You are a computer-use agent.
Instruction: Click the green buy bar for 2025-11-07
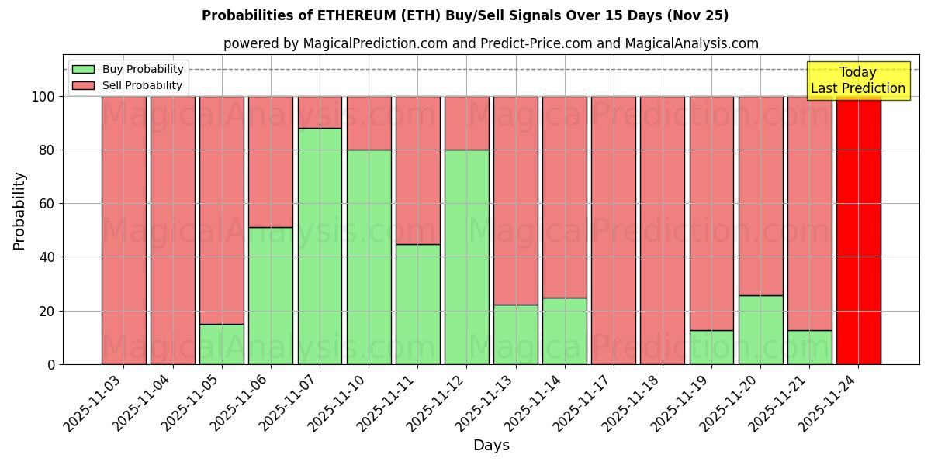tap(320, 246)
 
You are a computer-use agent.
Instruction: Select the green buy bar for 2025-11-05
tap(222, 344)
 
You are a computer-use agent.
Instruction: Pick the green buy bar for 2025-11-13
tap(516, 334)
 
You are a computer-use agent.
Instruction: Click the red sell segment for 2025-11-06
tap(271, 161)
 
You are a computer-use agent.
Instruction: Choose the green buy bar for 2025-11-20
tap(761, 329)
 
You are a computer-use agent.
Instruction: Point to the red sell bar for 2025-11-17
tap(614, 230)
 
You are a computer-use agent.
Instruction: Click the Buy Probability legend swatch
tap(83, 69)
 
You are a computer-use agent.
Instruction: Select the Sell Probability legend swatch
tap(83, 85)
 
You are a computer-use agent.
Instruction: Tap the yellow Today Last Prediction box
tap(858, 81)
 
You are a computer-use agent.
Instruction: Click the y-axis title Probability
tap(19, 211)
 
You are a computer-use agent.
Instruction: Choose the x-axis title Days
tap(491, 446)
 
